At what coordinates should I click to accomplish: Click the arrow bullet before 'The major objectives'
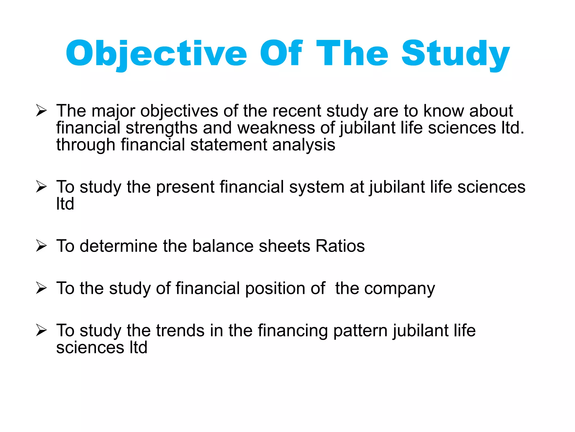pos(41,111)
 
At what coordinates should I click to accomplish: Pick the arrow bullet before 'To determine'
pos(41,246)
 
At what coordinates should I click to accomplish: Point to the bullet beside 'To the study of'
pos(41,288)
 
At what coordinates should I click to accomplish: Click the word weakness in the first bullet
pos(276,128)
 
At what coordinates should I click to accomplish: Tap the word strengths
pos(161,128)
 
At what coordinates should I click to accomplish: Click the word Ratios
pos(340,246)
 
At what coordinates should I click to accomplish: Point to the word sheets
pos(284,246)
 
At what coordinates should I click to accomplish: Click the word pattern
pos(360,331)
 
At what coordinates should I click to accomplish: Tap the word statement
pos(229,145)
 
